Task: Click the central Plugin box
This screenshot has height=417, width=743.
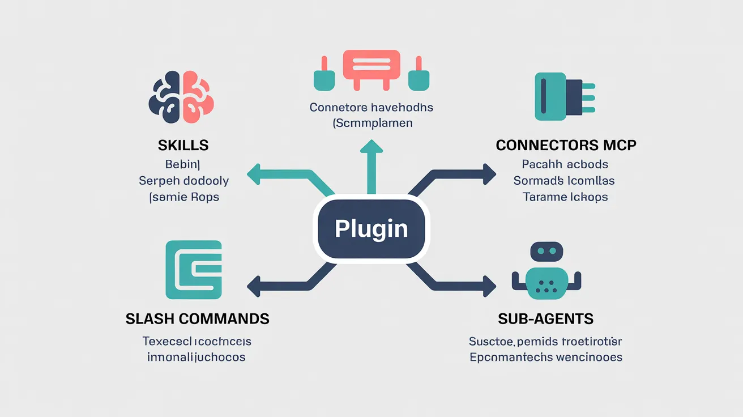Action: point(371,229)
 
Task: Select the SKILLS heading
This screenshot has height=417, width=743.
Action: point(183,145)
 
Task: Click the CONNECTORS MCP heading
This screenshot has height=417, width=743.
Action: point(566,145)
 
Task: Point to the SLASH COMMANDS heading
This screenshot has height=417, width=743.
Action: point(197,318)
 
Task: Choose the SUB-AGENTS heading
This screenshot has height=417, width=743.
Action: point(545,318)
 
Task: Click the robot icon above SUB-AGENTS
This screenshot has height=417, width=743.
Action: point(546,271)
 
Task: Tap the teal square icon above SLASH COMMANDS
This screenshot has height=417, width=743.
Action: point(194,270)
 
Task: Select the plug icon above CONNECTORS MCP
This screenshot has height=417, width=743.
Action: point(563,96)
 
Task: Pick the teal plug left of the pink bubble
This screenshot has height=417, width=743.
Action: point(324,76)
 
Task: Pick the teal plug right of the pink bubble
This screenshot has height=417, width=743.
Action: point(419,76)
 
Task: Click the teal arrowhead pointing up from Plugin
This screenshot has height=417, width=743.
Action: point(371,147)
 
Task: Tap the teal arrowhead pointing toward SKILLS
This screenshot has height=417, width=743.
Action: point(254,174)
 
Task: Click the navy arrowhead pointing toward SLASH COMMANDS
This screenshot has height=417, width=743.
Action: point(254,286)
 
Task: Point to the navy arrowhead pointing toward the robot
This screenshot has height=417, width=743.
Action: point(489,285)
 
